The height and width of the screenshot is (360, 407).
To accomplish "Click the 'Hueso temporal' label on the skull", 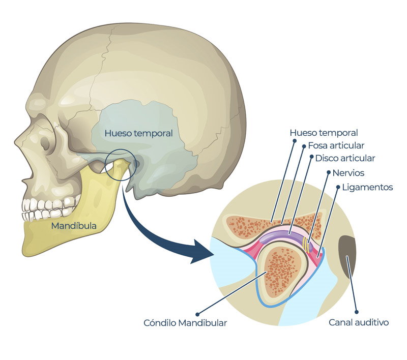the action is click(x=138, y=133).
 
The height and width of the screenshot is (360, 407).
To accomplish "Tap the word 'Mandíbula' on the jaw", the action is click(x=74, y=226).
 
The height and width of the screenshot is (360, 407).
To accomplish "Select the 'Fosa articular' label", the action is click(x=336, y=145).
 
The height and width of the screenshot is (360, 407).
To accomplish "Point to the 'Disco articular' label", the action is click(x=345, y=158).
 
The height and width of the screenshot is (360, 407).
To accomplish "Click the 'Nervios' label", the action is click(x=348, y=173).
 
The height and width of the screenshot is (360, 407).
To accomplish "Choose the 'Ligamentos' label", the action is click(x=367, y=187).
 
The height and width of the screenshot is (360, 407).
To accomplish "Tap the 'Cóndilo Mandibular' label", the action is click(x=185, y=323).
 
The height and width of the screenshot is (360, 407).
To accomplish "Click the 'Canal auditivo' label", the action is click(x=359, y=322).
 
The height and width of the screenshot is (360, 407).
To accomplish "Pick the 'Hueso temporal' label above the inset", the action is click(x=324, y=133).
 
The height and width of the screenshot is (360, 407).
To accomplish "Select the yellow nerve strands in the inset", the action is click(x=307, y=245).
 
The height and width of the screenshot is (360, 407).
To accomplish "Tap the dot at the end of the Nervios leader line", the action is click(x=328, y=172).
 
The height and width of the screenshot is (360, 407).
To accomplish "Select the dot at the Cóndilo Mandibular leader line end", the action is click(x=197, y=314).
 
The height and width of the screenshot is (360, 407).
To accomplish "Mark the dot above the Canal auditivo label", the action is click(x=357, y=312).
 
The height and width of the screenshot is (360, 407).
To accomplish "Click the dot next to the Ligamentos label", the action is click(x=338, y=187).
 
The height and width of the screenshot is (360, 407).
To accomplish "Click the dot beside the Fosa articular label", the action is click(x=304, y=146).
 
